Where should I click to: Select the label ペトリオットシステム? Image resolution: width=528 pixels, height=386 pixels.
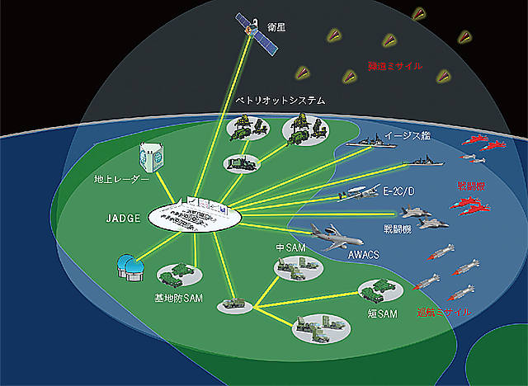280,100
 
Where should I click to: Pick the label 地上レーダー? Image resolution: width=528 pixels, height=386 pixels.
122,177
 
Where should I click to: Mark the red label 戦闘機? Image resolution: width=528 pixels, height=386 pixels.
474,186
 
